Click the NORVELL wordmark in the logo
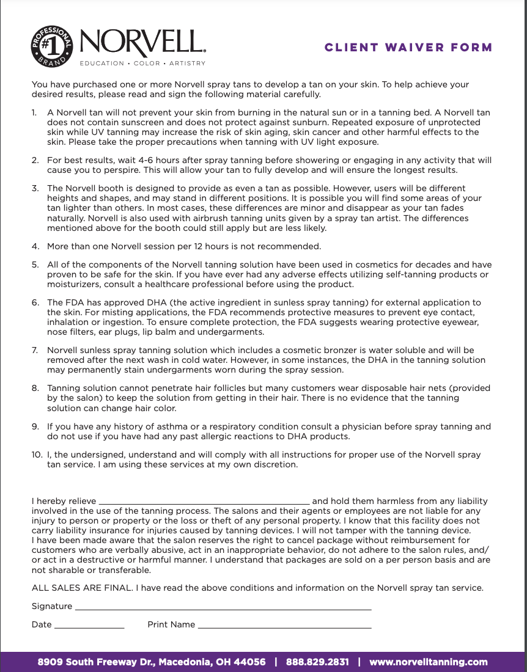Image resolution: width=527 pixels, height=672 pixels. (x=142, y=43)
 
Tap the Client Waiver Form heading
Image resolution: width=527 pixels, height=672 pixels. (x=408, y=48)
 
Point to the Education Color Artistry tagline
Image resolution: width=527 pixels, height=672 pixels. (x=142, y=64)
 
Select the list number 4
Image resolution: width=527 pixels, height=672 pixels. (x=35, y=247)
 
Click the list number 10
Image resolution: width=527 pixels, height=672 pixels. (x=37, y=455)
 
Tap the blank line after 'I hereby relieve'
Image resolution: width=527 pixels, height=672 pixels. (x=204, y=502)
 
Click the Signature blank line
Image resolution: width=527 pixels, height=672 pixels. (x=223, y=607)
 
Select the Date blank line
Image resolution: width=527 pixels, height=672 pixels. (x=89, y=626)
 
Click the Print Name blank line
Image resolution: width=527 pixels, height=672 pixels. (x=284, y=626)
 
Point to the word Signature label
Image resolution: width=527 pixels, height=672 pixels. (x=52, y=607)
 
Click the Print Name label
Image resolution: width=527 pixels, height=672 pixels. (x=171, y=625)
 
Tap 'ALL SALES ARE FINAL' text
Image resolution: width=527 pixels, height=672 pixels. (x=83, y=588)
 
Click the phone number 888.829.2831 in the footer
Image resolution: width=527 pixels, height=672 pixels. (x=317, y=662)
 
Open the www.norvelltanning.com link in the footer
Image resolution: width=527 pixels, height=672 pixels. (x=428, y=662)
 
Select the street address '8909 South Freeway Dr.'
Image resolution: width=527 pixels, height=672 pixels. (x=97, y=662)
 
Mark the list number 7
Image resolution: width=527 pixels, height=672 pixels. (x=35, y=351)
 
